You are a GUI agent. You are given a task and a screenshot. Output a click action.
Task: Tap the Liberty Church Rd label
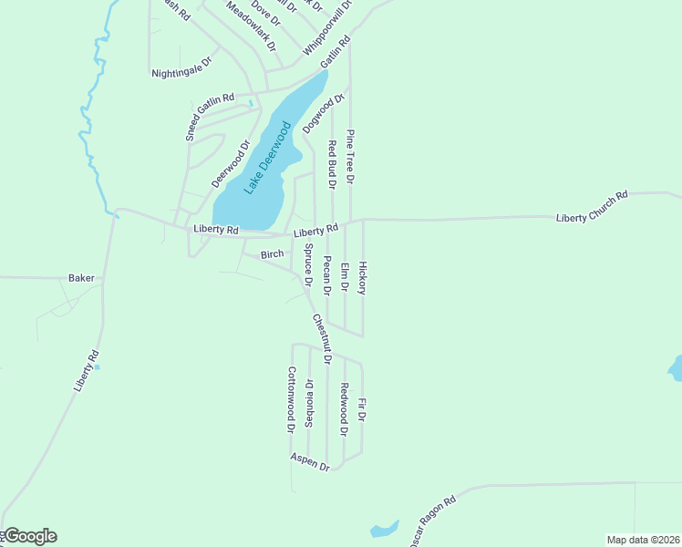(593, 207)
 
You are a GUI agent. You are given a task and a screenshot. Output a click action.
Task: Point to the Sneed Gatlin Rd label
(210, 114)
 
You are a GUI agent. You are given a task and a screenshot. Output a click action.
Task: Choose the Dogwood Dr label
(324, 114)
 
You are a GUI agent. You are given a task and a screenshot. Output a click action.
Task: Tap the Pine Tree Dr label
(350, 157)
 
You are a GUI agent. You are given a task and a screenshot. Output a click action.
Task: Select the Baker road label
(81, 277)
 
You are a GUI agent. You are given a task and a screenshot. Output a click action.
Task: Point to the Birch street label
(273, 254)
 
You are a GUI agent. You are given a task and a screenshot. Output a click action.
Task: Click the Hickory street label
(362, 278)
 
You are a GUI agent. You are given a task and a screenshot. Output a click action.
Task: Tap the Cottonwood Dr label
(292, 399)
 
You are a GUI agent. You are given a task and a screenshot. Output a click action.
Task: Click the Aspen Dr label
(310, 461)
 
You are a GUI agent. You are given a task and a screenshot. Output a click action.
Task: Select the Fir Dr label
(362, 409)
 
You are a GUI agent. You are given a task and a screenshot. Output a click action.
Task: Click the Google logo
(30, 536)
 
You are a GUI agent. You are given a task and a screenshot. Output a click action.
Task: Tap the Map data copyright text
(643, 539)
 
